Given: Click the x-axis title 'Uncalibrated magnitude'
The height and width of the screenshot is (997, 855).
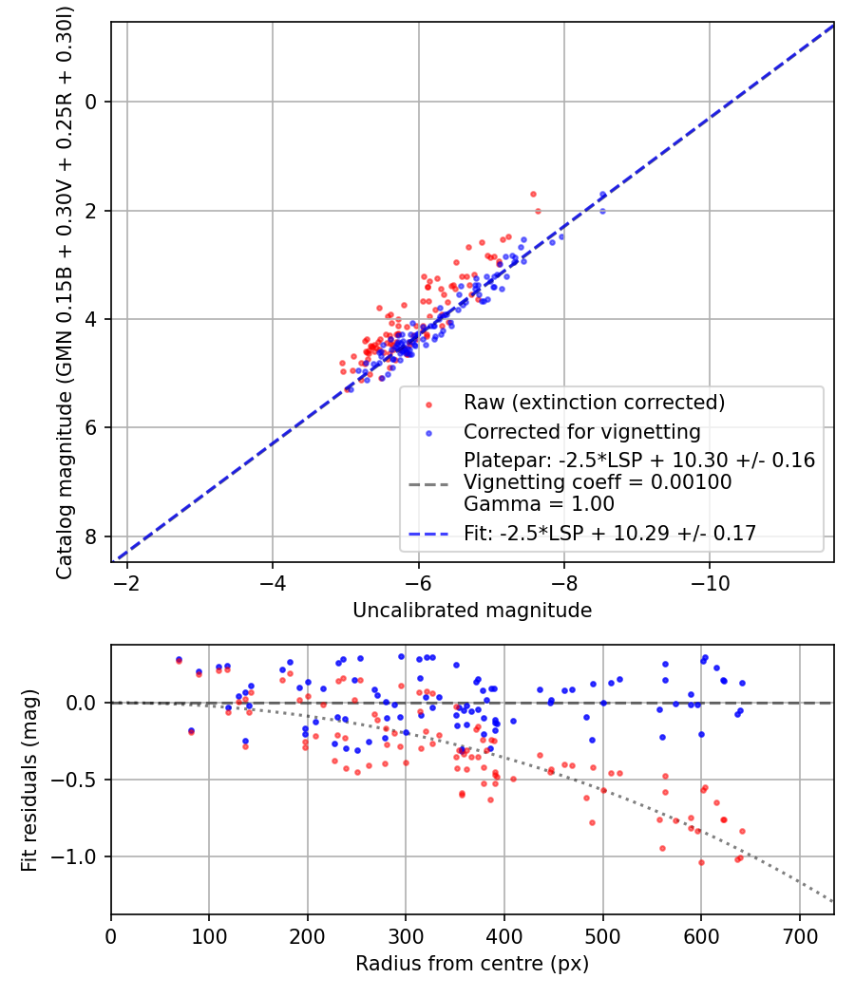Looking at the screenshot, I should [x=472, y=611].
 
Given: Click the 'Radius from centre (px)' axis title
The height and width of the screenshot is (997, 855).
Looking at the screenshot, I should [x=472, y=964].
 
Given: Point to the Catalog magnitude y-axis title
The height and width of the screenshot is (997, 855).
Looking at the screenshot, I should [x=64, y=292].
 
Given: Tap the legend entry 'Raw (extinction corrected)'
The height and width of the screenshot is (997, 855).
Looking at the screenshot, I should [x=594, y=403].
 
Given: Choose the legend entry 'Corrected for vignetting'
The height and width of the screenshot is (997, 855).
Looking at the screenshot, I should [x=581, y=432].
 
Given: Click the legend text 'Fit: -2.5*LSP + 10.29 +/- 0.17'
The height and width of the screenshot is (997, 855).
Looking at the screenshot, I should [x=609, y=534].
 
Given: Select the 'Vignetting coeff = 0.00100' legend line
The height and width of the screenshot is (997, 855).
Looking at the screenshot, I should [x=598, y=482].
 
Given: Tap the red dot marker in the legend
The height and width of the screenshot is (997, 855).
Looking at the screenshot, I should [x=428, y=404].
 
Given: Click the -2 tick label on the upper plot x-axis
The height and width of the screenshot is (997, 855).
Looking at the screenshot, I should [x=126, y=581].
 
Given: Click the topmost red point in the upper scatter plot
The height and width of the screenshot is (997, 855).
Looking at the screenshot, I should [x=533, y=194].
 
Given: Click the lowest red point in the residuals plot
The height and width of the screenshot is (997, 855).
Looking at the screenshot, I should [x=701, y=862].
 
